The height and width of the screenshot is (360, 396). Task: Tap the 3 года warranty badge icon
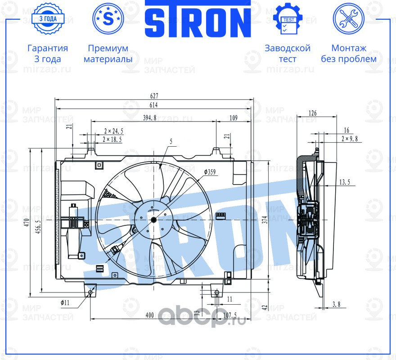47,19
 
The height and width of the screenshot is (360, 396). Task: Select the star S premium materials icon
108,18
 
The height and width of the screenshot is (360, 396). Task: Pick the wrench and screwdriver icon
348,18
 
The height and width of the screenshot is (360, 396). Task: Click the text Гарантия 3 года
48,54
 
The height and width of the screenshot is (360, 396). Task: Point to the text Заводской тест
288,54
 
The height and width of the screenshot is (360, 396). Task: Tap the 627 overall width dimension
153,96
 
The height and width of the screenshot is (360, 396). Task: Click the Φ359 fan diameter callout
210,172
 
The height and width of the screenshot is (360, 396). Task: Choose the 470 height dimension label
27,222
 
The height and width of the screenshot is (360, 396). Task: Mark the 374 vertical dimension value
265,219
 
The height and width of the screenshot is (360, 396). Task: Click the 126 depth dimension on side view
313,113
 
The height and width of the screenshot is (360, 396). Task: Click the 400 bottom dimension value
150,315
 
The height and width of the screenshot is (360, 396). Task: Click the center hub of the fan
153,219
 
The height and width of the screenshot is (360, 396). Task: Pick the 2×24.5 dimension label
113,131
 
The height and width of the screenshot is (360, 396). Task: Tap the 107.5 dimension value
229,315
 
